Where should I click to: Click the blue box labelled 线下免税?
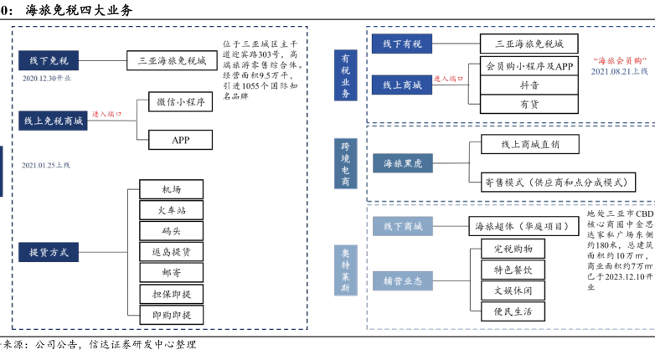point(49,59)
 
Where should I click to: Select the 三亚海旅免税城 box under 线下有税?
point(529,43)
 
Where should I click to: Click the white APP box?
point(181,140)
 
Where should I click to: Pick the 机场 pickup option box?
point(171,189)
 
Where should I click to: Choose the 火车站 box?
point(171,210)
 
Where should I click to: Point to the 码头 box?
point(171,231)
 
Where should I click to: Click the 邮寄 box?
point(171,273)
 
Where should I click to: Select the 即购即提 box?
point(171,315)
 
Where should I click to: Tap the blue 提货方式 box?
point(49,251)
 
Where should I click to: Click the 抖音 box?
point(529,85)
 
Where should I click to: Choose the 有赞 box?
point(529,105)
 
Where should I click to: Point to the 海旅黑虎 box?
point(402,162)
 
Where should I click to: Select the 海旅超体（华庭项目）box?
point(522,226)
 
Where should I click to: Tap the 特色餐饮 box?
point(513,269)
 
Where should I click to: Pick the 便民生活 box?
point(513,311)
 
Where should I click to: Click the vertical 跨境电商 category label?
point(345,162)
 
